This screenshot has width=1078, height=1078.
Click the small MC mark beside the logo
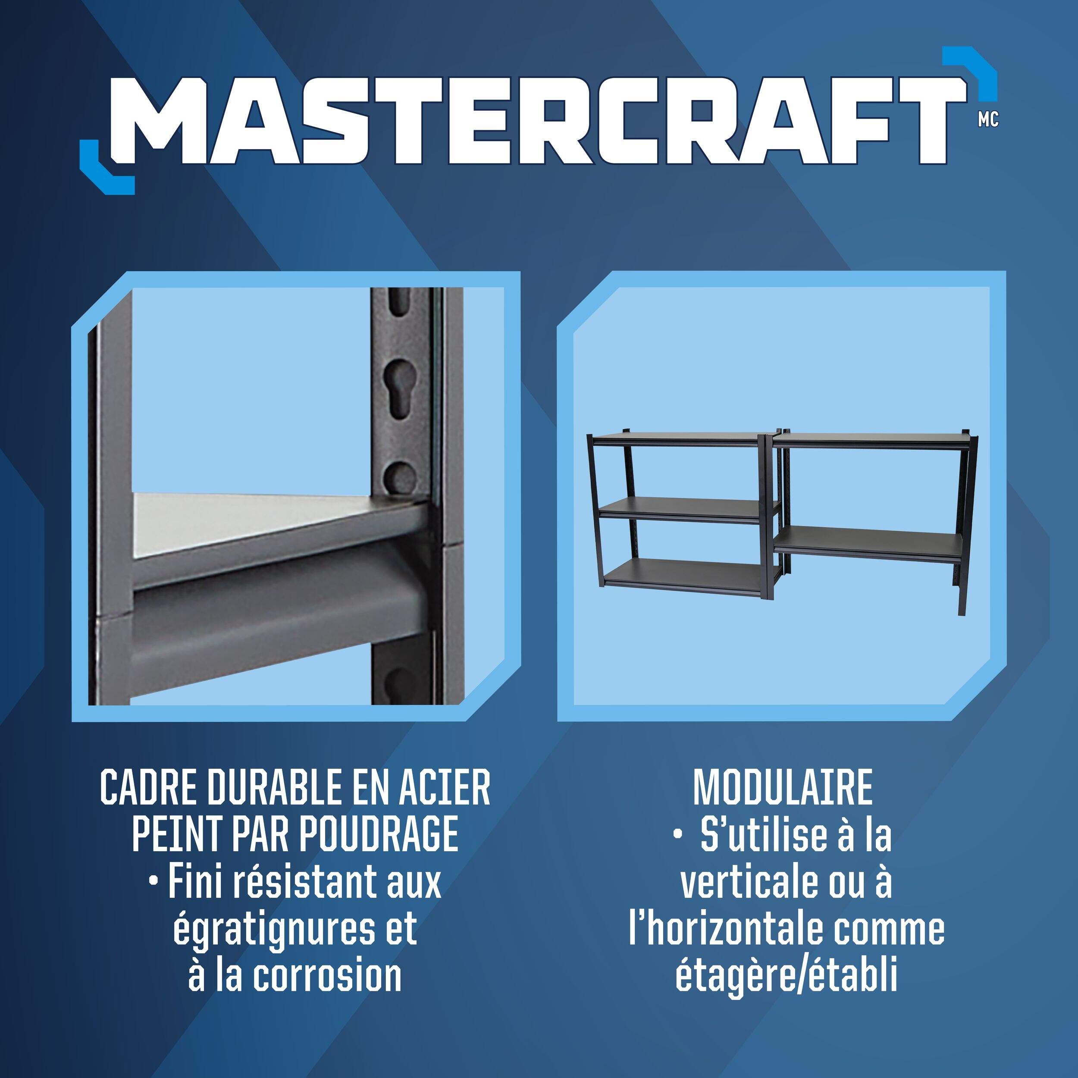988,120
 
